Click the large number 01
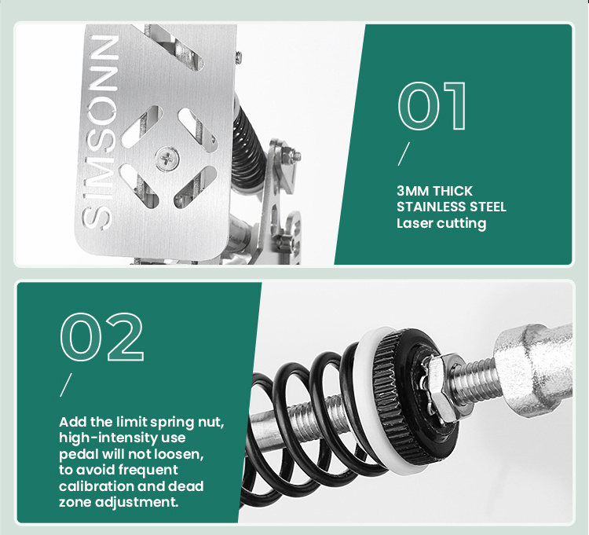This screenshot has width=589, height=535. point(432,106)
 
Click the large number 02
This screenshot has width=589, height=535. point(102,336)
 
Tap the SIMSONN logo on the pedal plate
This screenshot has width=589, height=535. point(101,132)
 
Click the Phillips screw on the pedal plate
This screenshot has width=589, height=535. point(166,158)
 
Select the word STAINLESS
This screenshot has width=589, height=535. point(430,207)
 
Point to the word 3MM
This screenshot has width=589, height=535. point(413,191)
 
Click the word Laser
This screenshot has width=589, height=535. point(415,223)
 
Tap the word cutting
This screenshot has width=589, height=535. point(462,224)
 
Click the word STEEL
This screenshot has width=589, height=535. point(487,207)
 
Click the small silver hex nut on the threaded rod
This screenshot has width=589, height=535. point(441,387)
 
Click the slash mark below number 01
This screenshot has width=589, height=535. point(404,154)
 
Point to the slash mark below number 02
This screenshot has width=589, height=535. point(65,385)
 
